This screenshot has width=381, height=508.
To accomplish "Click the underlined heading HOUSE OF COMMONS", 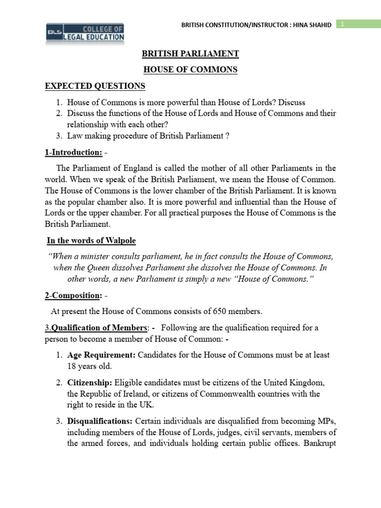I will [190, 70].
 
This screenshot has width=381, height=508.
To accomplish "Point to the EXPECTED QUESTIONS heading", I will [95, 86].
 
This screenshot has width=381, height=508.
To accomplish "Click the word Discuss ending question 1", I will [292, 103].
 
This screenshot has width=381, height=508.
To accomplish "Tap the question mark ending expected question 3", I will [227, 135].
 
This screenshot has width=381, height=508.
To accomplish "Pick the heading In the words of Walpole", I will [91, 241].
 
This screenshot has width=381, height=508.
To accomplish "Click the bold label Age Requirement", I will [102, 355].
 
